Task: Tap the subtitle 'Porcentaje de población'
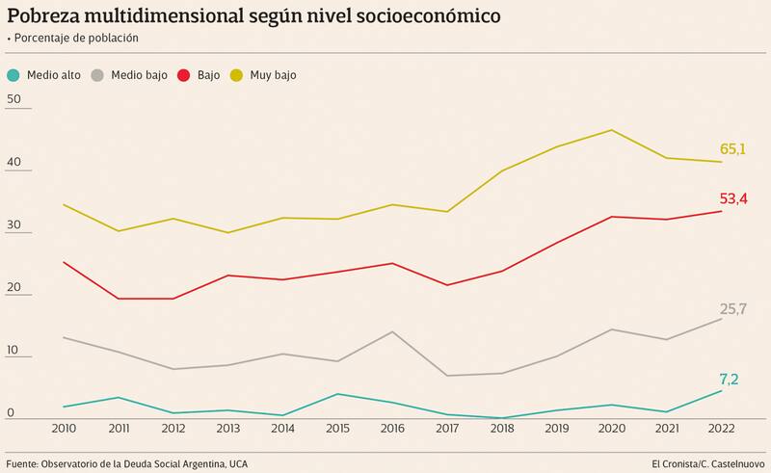pos(76,38)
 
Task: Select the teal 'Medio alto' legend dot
pos(13,75)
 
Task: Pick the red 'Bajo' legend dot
pos(185,75)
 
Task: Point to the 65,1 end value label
pos(733,149)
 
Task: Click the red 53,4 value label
pos(733,199)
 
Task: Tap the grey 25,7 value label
pos(733,309)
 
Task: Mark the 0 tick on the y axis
pos(10,413)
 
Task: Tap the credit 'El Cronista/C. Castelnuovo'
pos(706,463)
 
